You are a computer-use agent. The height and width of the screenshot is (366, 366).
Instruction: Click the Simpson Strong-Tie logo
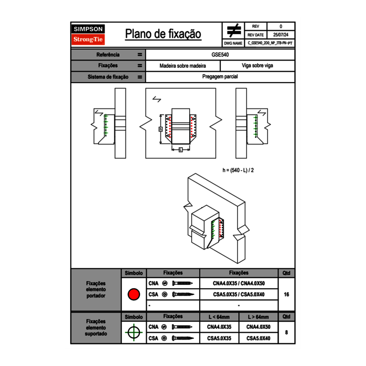click(x=89, y=35)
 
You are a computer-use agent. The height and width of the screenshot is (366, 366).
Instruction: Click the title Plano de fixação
click(x=163, y=34)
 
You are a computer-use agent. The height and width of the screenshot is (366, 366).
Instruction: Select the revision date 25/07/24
click(x=281, y=35)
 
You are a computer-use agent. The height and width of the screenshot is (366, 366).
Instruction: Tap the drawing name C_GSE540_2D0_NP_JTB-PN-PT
click(x=270, y=43)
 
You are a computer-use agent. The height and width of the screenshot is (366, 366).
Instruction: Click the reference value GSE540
click(x=220, y=54)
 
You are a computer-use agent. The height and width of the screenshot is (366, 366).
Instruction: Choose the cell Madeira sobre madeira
click(x=183, y=66)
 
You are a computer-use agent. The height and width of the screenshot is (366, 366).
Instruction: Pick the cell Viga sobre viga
click(x=257, y=66)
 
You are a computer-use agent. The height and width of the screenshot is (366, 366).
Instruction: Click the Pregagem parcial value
click(x=220, y=77)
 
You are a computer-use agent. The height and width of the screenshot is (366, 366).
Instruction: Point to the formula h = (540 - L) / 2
click(x=238, y=170)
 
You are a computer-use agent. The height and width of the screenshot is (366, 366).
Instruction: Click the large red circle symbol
click(x=134, y=294)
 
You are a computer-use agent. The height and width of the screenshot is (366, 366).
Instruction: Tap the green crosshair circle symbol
click(x=134, y=333)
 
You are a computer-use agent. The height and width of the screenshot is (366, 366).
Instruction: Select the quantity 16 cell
click(x=286, y=294)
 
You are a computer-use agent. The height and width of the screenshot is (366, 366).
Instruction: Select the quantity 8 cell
click(x=286, y=333)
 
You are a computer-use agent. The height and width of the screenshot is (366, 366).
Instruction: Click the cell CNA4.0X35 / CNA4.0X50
click(x=239, y=283)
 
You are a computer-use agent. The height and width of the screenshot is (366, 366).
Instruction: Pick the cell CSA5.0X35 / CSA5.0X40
click(x=239, y=294)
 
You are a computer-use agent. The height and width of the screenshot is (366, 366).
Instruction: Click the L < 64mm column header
click(x=219, y=317)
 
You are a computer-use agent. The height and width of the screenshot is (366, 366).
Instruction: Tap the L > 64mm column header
click(x=258, y=317)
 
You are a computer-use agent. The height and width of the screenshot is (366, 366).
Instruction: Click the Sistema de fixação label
click(x=108, y=77)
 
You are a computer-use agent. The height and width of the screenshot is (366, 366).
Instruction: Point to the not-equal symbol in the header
click(x=233, y=30)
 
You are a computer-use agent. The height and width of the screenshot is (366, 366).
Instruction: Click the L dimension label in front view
click(x=180, y=149)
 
